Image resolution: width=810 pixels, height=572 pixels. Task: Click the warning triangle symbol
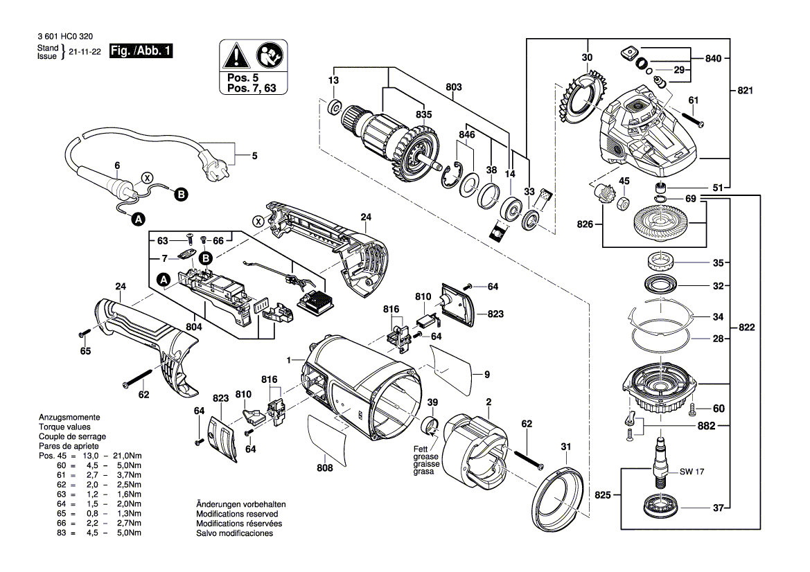pos(236,55)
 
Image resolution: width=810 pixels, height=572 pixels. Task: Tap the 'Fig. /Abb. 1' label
pos(141,51)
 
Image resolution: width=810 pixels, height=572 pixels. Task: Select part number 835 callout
pos(423,114)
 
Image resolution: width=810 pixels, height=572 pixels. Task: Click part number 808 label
pos(325,468)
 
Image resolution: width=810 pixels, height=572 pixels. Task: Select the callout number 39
pos(432,404)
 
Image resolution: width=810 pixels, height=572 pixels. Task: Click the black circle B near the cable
pos(180,195)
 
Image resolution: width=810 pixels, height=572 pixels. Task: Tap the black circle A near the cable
pos(138,219)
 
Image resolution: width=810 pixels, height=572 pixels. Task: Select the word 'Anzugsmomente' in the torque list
pos(69,418)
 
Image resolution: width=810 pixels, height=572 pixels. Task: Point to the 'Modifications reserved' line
pos(237,515)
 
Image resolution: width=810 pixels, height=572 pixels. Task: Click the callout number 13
pos(334,82)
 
